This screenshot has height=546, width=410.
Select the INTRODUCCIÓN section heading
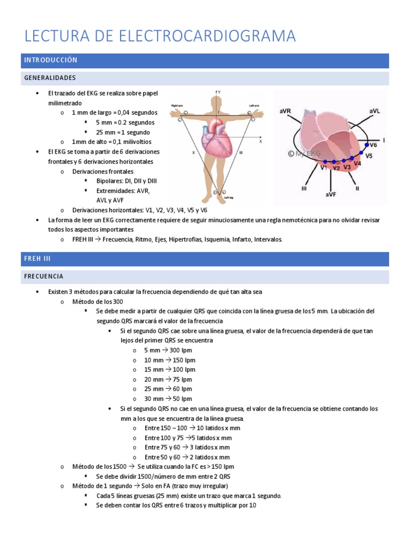[51, 60]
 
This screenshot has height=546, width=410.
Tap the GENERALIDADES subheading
[50, 78]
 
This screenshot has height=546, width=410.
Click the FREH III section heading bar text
[37, 258]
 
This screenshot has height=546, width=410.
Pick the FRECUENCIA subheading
[44, 276]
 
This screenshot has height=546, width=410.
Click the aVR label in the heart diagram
[285, 111]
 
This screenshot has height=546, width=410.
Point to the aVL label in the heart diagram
[374, 111]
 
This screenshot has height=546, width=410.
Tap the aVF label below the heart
[331, 195]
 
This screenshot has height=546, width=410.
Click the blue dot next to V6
[366, 144]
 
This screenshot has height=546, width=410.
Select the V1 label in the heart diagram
[324, 167]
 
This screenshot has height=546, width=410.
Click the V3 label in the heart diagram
[347, 167]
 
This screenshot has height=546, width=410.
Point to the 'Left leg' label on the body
[229, 197]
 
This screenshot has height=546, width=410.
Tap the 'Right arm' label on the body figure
[178, 106]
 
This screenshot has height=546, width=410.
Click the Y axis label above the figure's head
[219, 92]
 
